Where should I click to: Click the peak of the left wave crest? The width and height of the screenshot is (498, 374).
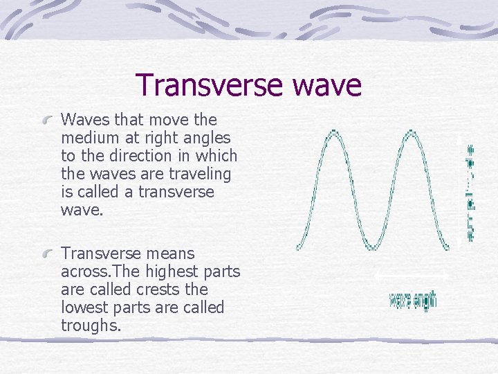tap(333, 132)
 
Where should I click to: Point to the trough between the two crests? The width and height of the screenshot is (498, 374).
tap(373, 247)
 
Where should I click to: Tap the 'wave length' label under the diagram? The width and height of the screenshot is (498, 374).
tap(413, 300)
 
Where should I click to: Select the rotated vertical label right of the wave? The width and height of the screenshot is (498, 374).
tap(471, 192)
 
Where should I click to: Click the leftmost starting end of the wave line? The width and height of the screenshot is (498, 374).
tap(298, 247)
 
